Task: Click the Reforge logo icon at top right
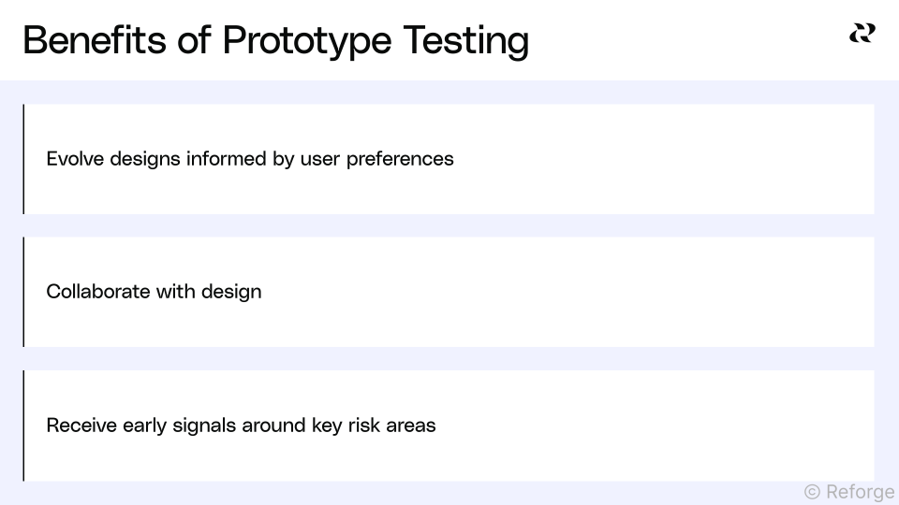[862, 34]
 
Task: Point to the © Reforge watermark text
[848, 491]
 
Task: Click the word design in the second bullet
[231, 292]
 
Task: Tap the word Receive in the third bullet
[81, 426]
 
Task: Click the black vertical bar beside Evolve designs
[23, 159]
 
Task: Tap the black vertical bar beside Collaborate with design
[23, 292]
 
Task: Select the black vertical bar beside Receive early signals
[23, 426]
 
